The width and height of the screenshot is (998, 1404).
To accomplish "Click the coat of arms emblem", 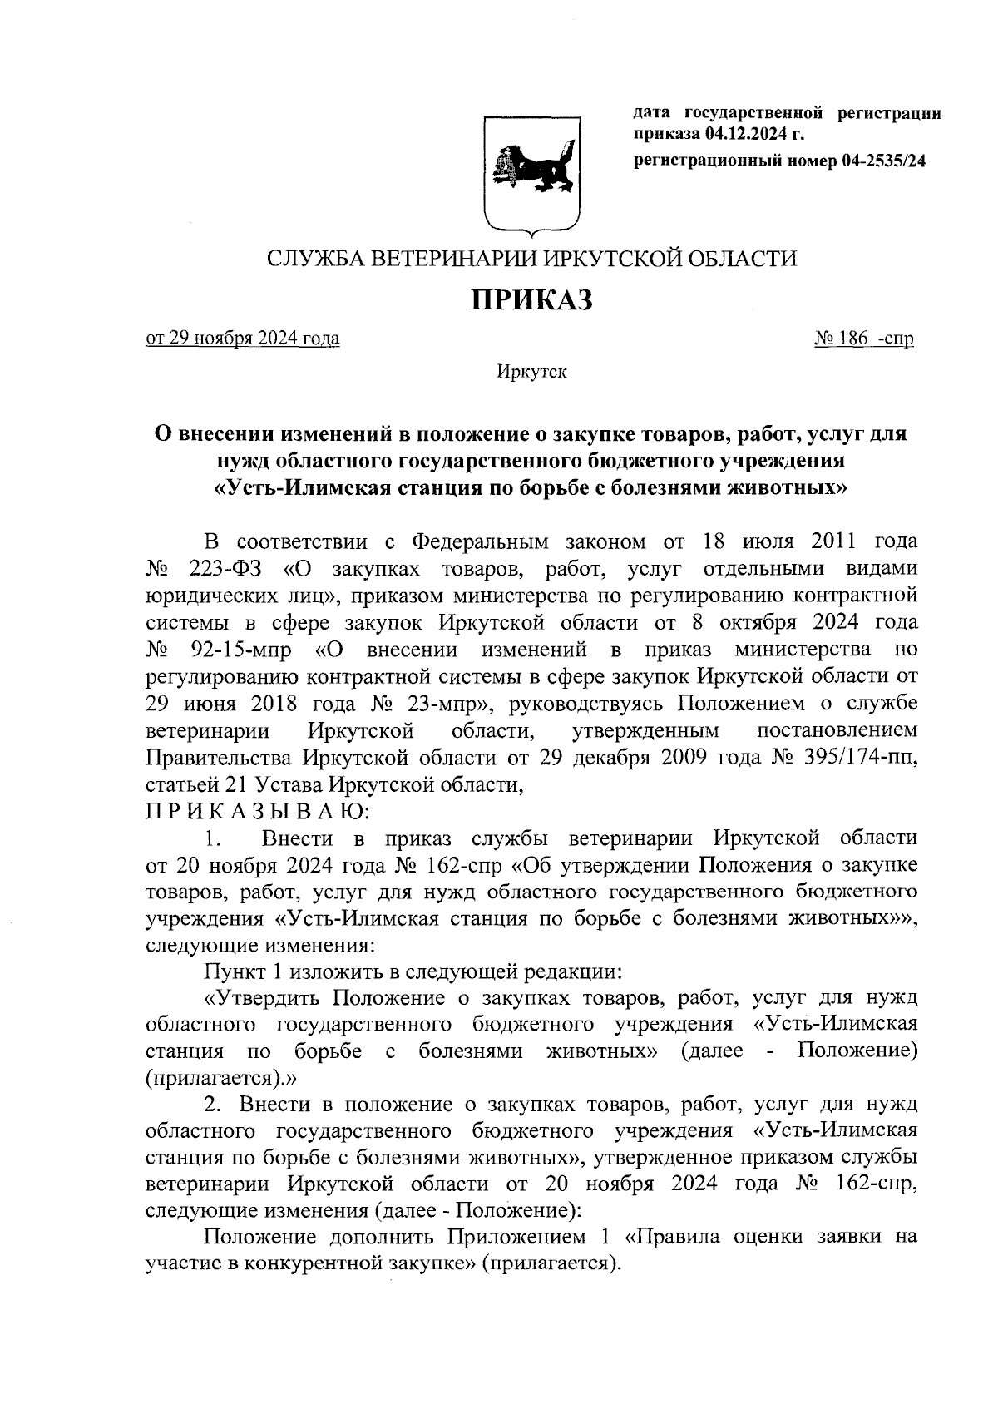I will click(x=531, y=172).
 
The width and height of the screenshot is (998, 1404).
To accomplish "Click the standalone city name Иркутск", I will click(x=531, y=372).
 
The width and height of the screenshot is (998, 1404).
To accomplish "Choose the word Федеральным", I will click(x=480, y=542).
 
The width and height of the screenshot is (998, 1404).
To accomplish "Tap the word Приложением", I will click(x=516, y=1237).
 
